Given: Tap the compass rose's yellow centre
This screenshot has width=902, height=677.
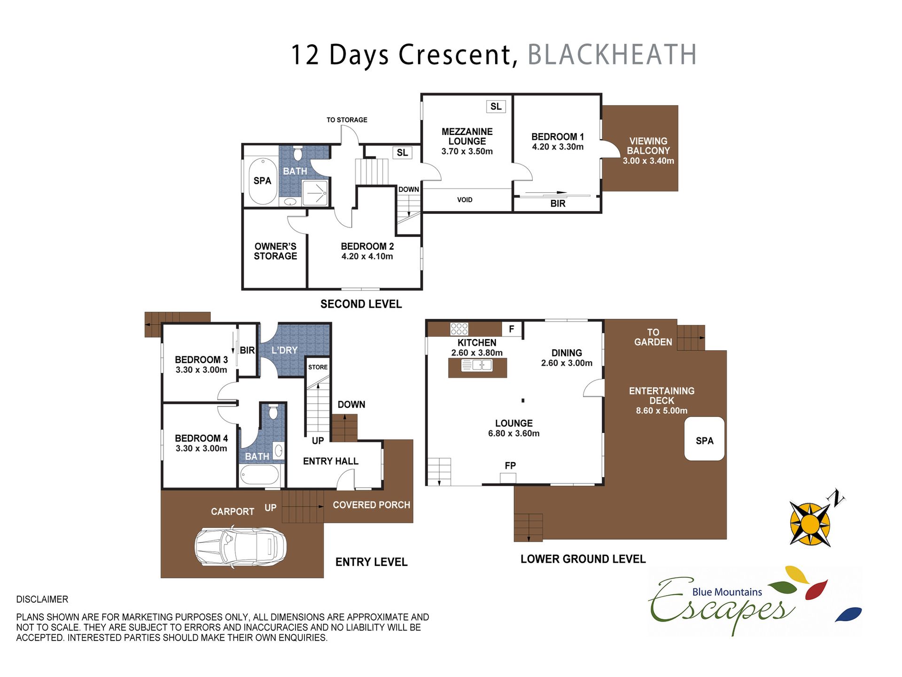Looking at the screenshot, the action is (x=810, y=524).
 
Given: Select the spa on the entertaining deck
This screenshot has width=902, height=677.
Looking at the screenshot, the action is (x=704, y=439).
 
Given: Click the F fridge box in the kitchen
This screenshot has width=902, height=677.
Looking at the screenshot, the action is (x=512, y=329).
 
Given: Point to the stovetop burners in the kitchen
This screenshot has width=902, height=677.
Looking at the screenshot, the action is (x=459, y=329).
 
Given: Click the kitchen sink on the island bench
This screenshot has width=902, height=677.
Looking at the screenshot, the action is (x=477, y=365).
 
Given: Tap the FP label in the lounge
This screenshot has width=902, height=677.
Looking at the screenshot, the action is (x=510, y=465).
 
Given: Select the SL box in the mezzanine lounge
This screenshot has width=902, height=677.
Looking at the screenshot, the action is (x=496, y=106).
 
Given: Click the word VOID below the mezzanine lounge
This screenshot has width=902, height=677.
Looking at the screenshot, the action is (x=465, y=200).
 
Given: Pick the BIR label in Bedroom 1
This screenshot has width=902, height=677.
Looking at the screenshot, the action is (x=558, y=204).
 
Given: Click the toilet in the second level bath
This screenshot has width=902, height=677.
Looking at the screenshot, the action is (x=297, y=153).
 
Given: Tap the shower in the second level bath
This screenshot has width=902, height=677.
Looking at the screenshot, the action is (x=315, y=193).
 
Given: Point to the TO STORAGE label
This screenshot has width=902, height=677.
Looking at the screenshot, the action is (x=347, y=120).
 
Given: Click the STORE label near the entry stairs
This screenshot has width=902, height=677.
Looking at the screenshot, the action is (x=318, y=367).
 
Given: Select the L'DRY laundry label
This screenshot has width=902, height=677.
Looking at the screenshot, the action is (x=284, y=350).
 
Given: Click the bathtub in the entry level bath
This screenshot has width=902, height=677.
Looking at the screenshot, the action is (x=260, y=475).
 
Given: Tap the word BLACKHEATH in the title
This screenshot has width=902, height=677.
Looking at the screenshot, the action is (x=612, y=55).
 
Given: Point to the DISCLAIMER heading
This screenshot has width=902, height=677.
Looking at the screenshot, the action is (x=42, y=599).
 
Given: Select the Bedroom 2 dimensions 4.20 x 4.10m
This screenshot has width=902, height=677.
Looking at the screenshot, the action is (x=367, y=256).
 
